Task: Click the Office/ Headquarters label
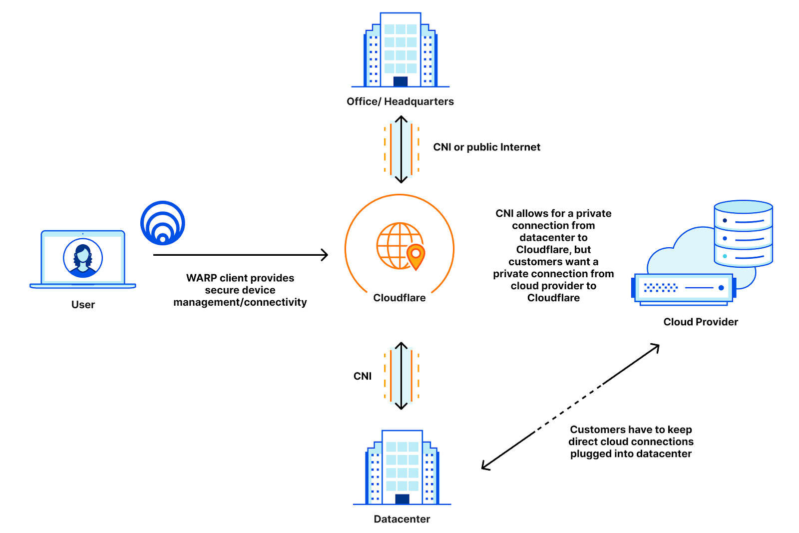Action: tap(400, 101)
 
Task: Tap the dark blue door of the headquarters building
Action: tap(400, 81)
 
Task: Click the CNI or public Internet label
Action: tap(486, 147)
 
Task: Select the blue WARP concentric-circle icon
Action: tap(163, 223)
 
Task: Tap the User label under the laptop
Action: tap(83, 305)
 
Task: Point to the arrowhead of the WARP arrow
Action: tap(325, 255)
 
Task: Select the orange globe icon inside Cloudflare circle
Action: tap(397, 245)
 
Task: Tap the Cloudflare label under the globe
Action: tap(399, 298)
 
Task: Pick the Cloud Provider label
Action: tap(700, 322)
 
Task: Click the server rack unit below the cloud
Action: tap(683, 288)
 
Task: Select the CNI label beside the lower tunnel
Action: tap(363, 376)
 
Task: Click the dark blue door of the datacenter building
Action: tap(402, 499)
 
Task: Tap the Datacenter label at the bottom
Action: tap(402, 519)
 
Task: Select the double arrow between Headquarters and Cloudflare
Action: tap(401, 149)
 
